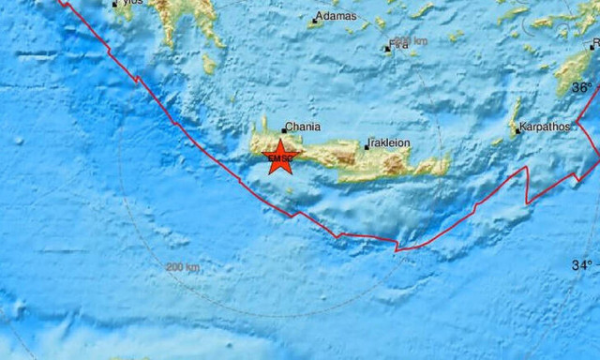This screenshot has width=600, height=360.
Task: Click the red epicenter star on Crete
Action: pos(278,157)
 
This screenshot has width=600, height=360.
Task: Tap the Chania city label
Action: pos(303,127)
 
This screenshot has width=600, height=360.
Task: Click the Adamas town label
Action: pos(337,17)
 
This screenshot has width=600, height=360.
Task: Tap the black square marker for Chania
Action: pos(283,131)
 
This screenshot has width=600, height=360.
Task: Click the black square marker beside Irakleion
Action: pos(366,147)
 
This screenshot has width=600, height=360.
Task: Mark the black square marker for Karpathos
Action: pos(517,131)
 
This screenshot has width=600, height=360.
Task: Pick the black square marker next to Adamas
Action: pos(314,20)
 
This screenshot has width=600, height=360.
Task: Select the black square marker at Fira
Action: pos(386,49)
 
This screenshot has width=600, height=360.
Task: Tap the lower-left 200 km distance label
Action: pos(183,268)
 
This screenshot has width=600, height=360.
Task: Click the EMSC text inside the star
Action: pos(278,160)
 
